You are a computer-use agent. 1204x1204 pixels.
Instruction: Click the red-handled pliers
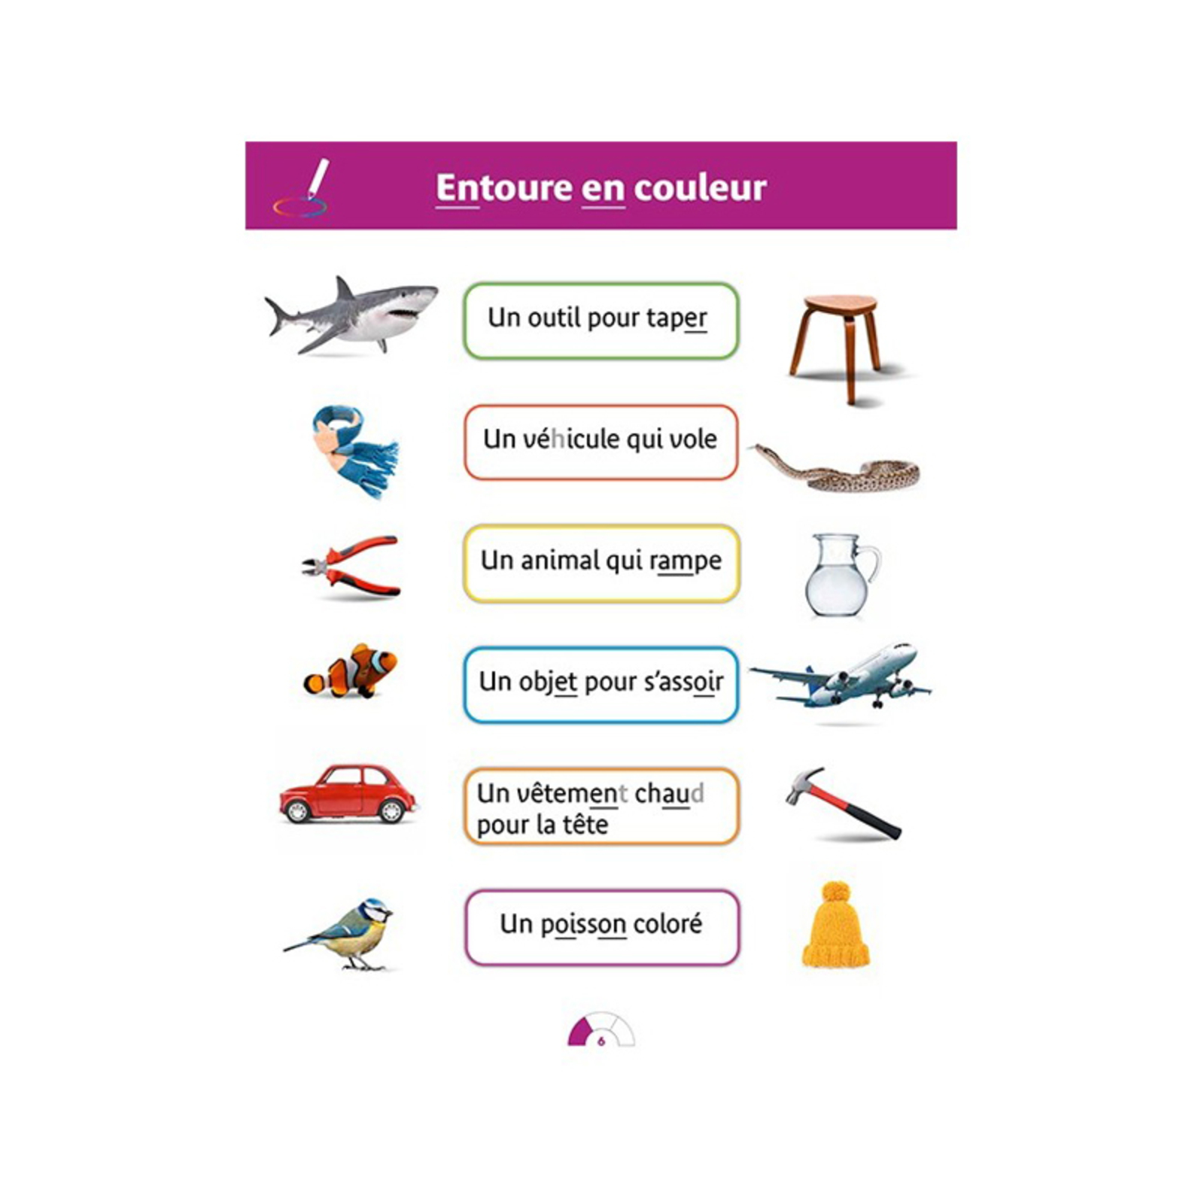351,566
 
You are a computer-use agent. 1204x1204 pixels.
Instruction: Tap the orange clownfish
351,670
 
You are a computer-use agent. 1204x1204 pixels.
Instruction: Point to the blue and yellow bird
343,933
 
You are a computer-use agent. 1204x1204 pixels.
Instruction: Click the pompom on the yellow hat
835,893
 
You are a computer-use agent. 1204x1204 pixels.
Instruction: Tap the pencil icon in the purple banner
318,178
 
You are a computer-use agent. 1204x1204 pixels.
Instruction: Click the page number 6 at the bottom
600,1041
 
